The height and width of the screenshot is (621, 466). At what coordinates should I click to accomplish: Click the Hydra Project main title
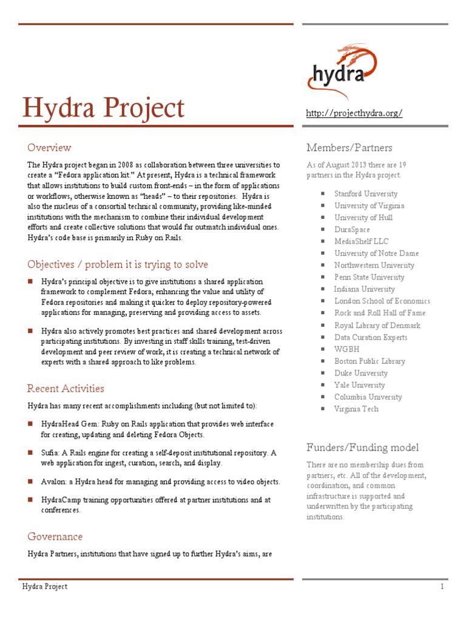(103, 109)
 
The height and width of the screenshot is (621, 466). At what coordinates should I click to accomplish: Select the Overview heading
(49, 147)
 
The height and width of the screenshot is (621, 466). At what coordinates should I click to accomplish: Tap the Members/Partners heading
(349, 147)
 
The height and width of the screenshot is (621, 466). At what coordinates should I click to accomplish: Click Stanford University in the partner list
(366, 193)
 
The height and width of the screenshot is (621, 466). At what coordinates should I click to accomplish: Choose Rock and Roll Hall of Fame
(380, 313)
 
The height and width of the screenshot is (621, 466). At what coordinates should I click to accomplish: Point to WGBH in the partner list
(346, 349)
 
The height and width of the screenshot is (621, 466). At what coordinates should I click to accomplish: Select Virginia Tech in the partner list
(356, 409)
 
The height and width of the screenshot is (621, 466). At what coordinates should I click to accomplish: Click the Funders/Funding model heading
(362, 448)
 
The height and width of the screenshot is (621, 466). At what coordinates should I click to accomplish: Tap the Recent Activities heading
(66, 388)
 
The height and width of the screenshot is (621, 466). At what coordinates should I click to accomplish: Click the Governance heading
(55, 537)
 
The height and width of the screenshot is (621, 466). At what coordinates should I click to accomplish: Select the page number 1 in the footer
(442, 586)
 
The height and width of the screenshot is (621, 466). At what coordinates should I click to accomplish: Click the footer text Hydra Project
(45, 586)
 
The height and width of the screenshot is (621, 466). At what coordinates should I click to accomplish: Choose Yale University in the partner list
(359, 384)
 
